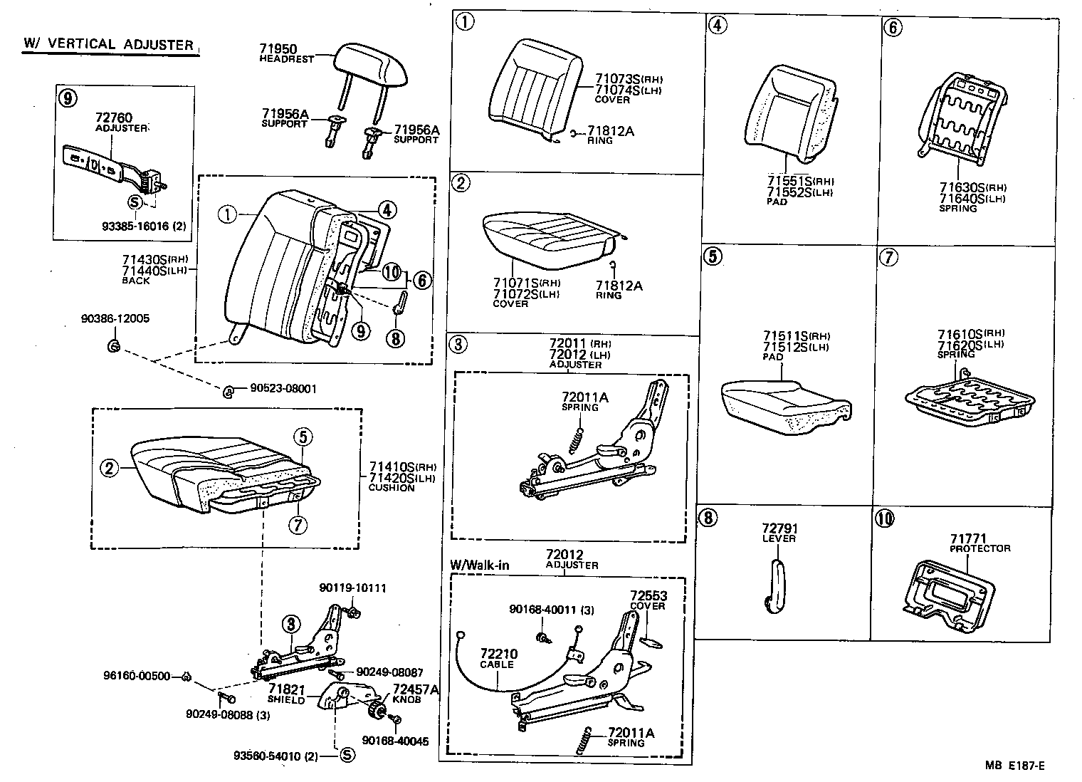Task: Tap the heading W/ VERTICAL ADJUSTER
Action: coord(109,44)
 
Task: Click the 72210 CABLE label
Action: coord(498,654)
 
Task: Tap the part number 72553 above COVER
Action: coord(647,595)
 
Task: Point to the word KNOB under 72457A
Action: coord(406,699)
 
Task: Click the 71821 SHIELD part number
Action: coord(287,690)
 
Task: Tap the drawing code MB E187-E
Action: coord(1015,766)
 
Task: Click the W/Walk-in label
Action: coord(480,565)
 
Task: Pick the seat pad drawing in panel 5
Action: coord(786,407)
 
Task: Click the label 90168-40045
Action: coord(395,741)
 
